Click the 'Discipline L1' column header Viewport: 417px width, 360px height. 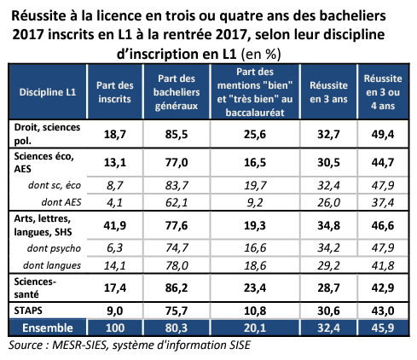click(x=48, y=92)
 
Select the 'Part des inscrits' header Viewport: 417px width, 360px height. click(x=115, y=92)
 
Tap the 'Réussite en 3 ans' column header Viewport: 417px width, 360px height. click(x=328, y=92)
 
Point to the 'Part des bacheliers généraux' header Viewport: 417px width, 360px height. click(x=177, y=92)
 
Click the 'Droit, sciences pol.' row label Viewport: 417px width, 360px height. click(x=47, y=134)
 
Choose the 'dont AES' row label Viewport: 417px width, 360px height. click(x=61, y=202)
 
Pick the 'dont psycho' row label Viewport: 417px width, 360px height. click(x=54, y=248)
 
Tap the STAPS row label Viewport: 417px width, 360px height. click(x=28, y=311)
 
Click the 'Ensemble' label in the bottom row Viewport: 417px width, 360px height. click(x=48, y=328)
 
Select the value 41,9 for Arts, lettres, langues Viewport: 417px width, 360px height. click(x=115, y=225)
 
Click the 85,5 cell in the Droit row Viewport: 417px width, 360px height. click(x=177, y=134)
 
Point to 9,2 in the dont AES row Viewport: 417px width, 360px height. click(x=255, y=202)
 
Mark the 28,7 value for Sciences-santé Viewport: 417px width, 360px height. click(x=328, y=288)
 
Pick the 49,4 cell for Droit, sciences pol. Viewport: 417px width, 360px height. click(x=383, y=134)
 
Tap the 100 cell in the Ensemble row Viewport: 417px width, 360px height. click(x=115, y=328)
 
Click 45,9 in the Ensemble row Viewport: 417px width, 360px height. click(x=383, y=328)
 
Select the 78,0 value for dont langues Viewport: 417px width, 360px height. click(x=177, y=265)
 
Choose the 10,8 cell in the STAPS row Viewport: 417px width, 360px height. click(x=255, y=311)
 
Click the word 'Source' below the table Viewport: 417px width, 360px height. click(x=26, y=345)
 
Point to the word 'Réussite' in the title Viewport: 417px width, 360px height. click(x=38, y=16)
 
